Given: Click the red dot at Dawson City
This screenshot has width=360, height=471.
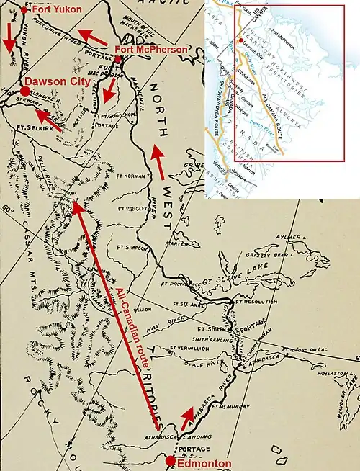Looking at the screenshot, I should (x=26, y=91).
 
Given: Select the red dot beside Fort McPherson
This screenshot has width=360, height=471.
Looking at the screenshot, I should (x=117, y=58).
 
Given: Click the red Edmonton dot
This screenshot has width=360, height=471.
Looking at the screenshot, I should (x=170, y=459).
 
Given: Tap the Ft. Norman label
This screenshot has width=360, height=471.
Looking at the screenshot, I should (x=130, y=176).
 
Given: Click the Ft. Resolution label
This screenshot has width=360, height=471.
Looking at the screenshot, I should (x=264, y=301).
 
